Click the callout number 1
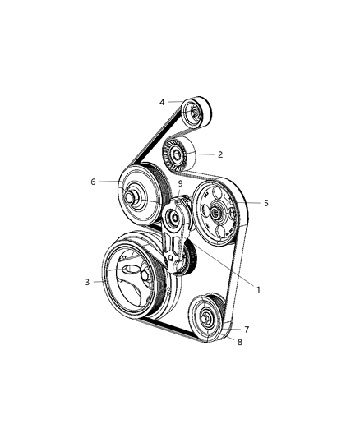[x=258, y=290]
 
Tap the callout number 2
[x=220, y=154]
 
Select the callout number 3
[x=87, y=282]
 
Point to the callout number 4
[x=162, y=102]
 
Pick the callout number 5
[x=265, y=203]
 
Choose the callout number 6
[x=93, y=182]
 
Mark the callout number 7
[x=247, y=330]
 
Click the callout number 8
[x=240, y=342]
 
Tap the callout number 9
[x=180, y=184]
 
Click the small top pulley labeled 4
[x=196, y=113]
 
